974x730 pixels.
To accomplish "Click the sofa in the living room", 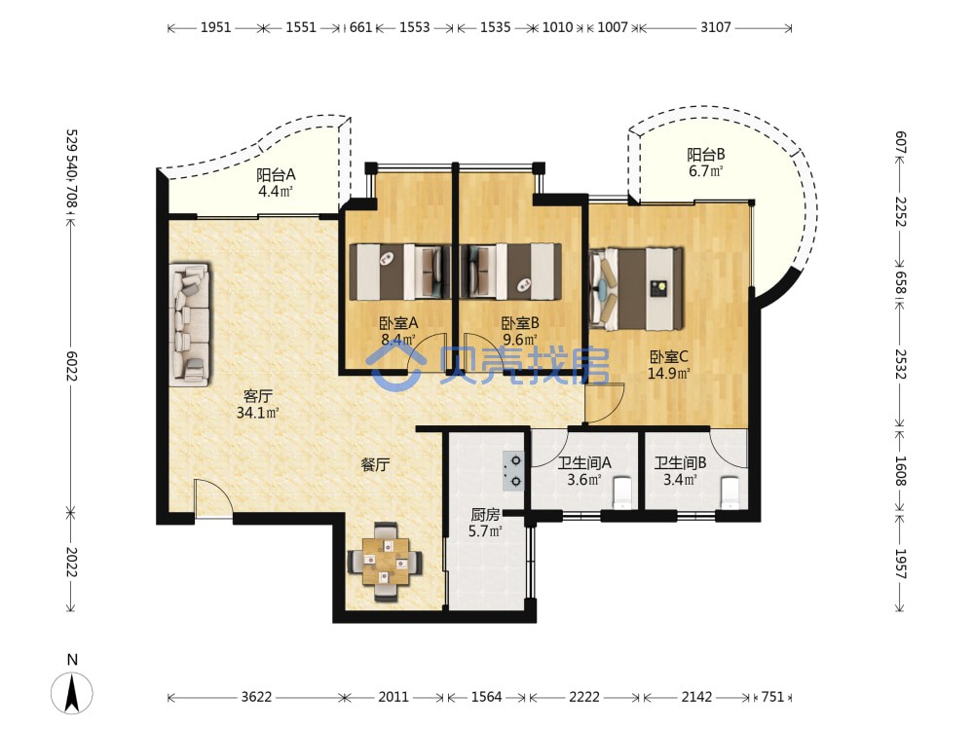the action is click(x=190, y=325).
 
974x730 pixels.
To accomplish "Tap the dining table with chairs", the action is click(x=385, y=562).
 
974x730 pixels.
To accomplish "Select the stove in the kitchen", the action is click(x=513, y=470).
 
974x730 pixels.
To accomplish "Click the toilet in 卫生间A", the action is click(x=621, y=493).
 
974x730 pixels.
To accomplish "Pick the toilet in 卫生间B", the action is click(x=730, y=493).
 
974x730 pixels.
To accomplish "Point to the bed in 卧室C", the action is click(x=636, y=289).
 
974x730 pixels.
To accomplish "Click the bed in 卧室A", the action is click(x=400, y=272).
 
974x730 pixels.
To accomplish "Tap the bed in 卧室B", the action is click(x=510, y=272).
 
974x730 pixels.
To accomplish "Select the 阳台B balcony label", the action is click(x=705, y=154).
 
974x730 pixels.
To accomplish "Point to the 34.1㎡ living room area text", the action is click(x=258, y=412).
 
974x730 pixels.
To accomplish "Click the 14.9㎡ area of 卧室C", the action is click(x=668, y=373).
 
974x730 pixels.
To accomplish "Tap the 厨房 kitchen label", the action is click(x=485, y=515).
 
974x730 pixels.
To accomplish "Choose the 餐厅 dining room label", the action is click(x=375, y=464).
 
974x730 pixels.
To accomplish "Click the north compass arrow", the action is click(x=72, y=693).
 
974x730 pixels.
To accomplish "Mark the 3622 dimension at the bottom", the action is click(x=256, y=697).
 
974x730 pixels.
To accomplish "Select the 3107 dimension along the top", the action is click(x=716, y=27).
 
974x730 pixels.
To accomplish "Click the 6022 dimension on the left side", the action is click(x=72, y=366).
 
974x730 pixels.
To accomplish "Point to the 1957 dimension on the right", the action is click(x=901, y=564).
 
